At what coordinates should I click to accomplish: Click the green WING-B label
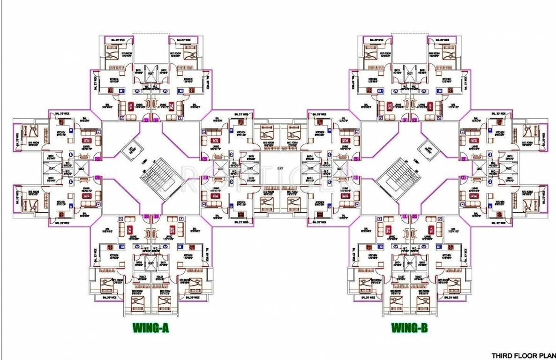click(x=409, y=328)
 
